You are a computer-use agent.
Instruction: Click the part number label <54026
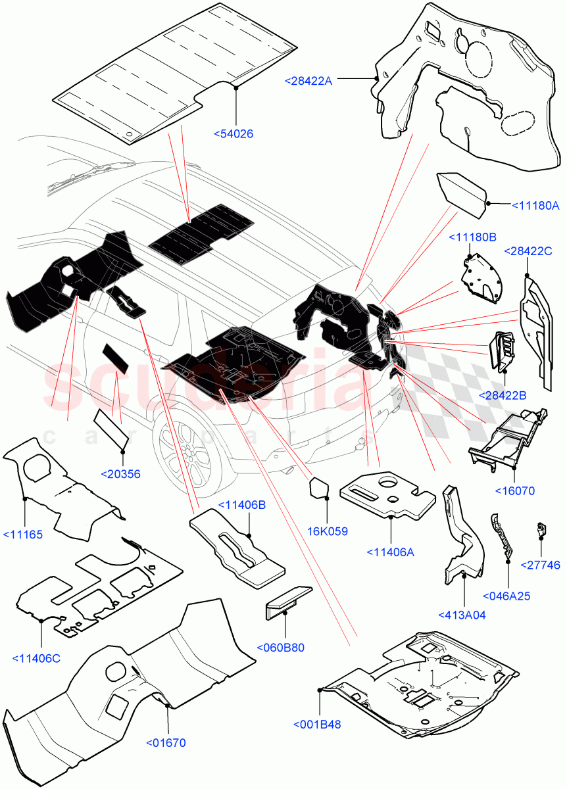(234, 134)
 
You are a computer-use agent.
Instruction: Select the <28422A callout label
(308, 81)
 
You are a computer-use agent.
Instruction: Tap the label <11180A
(535, 206)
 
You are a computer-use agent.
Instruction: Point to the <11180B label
(472, 237)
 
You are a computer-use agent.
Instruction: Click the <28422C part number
(528, 251)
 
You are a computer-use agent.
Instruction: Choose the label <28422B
(503, 395)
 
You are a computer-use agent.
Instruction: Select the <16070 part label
(515, 490)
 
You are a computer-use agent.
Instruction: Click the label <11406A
(391, 552)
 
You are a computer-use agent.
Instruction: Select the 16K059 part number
(328, 531)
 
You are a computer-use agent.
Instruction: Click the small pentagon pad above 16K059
(319, 487)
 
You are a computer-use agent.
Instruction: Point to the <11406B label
(242, 505)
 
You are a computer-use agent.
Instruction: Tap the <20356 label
(120, 474)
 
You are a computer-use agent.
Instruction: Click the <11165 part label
(22, 535)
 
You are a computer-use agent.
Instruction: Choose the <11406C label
(36, 658)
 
